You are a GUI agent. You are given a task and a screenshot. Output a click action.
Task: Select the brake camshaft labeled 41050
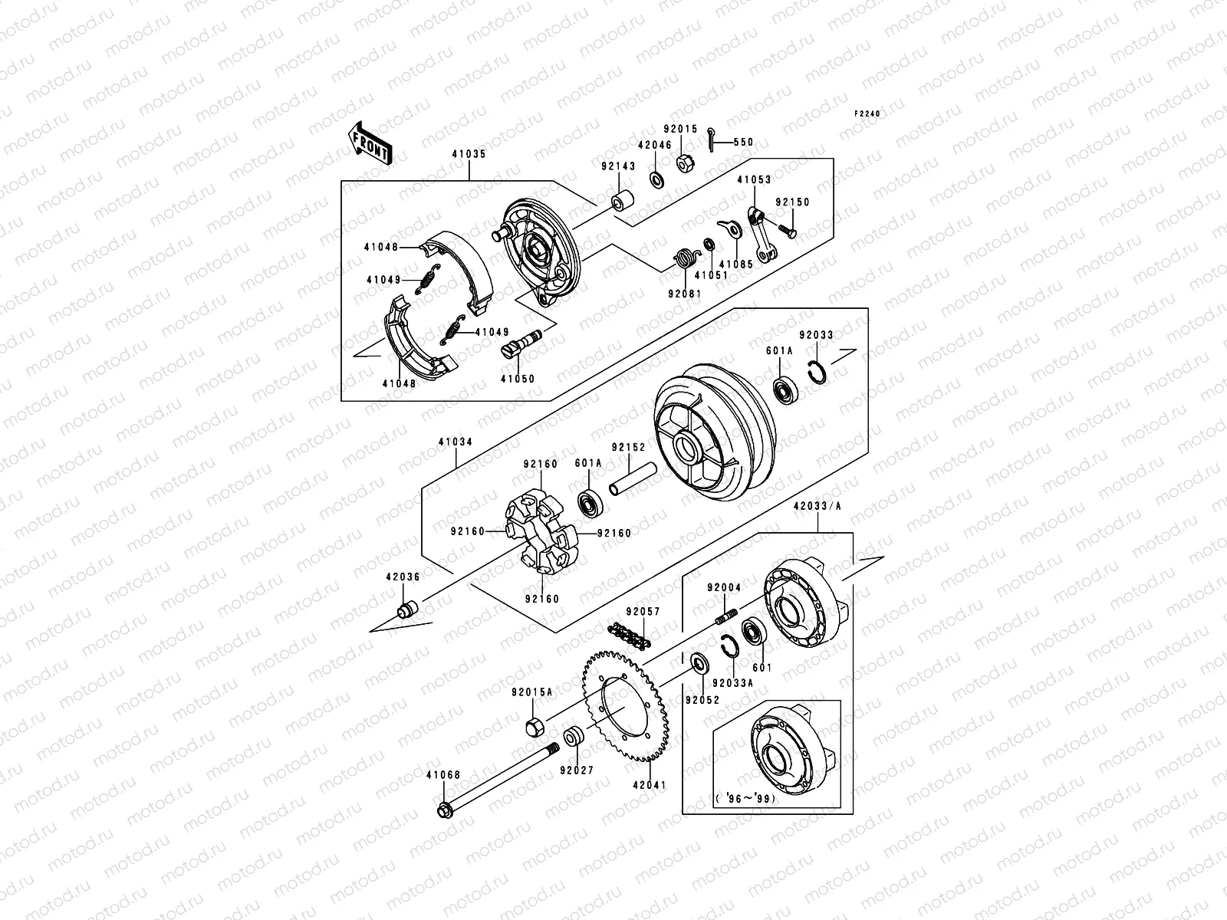tap(521, 343)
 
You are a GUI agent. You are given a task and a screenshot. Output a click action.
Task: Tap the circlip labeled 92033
tap(819, 373)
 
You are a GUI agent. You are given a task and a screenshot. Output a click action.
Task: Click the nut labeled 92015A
tap(535, 724)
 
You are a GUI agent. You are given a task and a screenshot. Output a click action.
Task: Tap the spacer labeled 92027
tap(573, 737)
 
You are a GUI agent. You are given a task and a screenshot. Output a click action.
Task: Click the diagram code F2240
tap(868, 113)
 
